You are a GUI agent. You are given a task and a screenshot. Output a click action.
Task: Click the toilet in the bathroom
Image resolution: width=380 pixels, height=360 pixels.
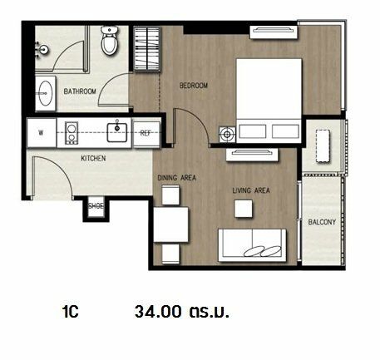click(109, 41)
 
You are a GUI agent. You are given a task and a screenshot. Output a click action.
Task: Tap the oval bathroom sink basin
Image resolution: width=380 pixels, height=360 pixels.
click(45, 93)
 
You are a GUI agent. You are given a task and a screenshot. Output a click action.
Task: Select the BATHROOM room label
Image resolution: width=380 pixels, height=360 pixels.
click(80, 91)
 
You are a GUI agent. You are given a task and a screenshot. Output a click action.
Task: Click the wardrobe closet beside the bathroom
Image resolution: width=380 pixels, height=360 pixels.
click(147, 49)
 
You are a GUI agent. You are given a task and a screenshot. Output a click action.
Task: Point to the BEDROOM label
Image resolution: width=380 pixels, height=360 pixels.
click(194, 86)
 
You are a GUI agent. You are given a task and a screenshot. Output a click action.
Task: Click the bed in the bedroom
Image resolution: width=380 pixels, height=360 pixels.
click(269, 101)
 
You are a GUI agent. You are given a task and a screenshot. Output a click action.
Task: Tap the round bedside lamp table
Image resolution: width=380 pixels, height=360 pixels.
click(227, 135)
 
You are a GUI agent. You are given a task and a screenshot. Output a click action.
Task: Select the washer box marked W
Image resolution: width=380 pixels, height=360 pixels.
click(42, 133)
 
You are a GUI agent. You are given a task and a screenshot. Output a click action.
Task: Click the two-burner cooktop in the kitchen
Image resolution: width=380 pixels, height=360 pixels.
click(72, 133)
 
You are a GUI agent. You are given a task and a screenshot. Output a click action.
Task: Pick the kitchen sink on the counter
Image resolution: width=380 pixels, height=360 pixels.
click(117, 132)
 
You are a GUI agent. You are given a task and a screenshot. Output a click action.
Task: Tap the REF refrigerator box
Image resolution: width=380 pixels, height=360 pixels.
click(146, 134)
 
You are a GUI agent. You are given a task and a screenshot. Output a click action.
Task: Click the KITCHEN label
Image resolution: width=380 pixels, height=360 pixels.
click(93, 158)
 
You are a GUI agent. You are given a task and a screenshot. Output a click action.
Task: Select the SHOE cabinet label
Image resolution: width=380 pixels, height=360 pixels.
click(96, 206)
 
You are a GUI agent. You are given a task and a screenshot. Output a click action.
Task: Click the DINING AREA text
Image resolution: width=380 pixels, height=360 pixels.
click(176, 178)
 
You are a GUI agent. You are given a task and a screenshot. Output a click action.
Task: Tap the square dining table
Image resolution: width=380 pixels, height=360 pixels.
click(171, 224)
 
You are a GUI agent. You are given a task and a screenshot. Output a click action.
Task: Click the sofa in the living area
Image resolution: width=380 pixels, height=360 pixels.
click(252, 245)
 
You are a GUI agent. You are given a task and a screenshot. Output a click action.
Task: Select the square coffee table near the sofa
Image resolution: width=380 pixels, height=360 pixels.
click(244, 209)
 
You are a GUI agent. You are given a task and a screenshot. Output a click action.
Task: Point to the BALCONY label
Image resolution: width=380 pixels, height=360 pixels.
click(322, 222)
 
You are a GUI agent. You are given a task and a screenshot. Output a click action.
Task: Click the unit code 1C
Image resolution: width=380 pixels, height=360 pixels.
click(71, 312)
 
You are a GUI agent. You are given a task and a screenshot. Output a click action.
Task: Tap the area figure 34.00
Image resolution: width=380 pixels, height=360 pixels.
click(158, 312)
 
